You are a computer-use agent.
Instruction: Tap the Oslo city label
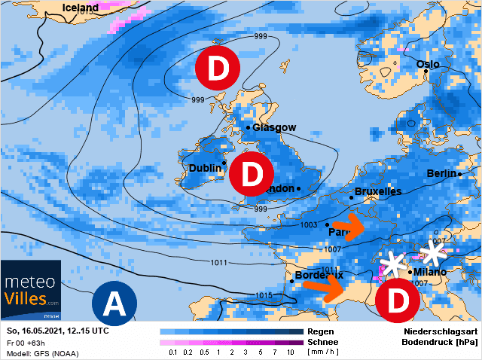coord(428,64)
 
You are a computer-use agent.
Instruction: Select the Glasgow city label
coord(274,128)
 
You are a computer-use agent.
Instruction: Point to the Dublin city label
coord(205,168)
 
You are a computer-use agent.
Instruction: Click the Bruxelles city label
coord(377,192)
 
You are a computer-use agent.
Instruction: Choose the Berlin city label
coord(442,173)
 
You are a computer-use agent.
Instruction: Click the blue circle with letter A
coord(114,304)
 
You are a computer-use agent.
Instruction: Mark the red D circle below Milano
coord(397,300)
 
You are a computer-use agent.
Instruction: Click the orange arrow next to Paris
coord(348,225)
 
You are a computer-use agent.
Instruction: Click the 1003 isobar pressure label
coord(309,225)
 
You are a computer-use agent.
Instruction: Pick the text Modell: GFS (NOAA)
coord(42,353)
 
